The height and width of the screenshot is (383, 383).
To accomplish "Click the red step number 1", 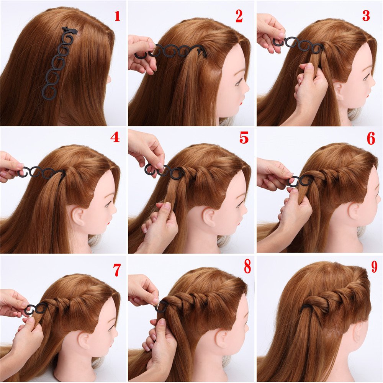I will (117, 16).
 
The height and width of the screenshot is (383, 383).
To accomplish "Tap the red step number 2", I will (239, 16).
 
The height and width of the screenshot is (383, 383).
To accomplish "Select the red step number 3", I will (366, 16).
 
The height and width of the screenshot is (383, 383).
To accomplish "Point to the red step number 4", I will (115, 137).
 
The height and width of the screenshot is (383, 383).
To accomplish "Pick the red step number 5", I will (244, 137).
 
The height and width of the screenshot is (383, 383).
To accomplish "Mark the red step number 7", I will (117, 270).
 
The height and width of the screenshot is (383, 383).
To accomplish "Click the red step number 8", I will (247, 267).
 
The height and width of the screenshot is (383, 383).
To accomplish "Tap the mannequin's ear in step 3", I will (338, 90).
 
